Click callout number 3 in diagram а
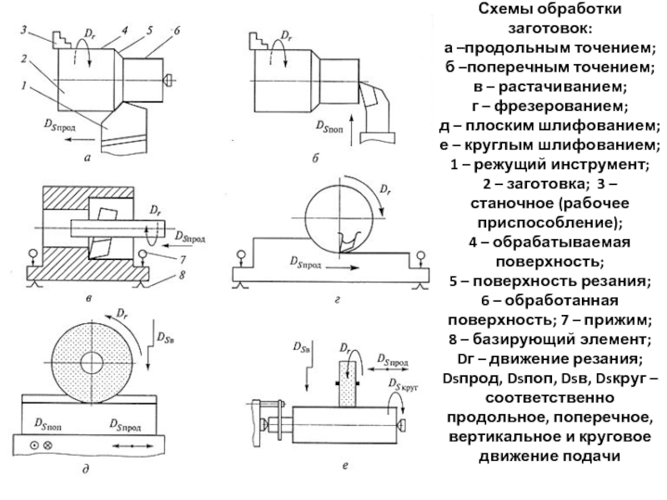[x=24, y=30]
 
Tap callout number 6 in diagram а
[x=177, y=31]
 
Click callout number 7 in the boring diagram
[x=183, y=258]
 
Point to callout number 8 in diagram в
[x=183, y=275]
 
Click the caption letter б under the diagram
[x=315, y=158]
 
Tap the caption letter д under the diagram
[x=86, y=469]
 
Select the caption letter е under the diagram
[x=345, y=466]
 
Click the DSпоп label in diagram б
[x=329, y=127]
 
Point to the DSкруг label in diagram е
[x=401, y=385]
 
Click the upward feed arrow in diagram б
[x=352, y=130]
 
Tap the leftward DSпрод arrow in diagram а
[x=82, y=139]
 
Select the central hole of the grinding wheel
[x=92, y=362]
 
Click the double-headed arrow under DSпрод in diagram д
[x=133, y=446]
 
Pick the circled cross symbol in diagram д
[x=48, y=446]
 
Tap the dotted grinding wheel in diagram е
[x=347, y=382]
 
